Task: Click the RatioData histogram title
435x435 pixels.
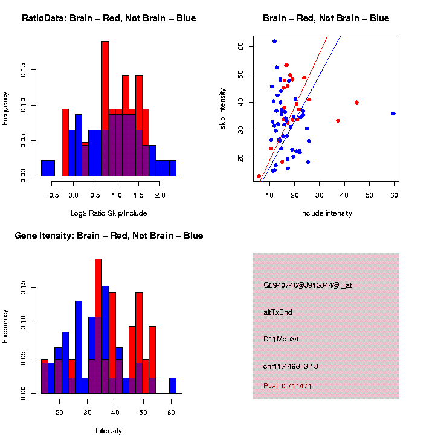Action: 109,18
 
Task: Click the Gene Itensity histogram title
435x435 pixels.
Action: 109,236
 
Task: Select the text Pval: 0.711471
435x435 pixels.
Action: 296,386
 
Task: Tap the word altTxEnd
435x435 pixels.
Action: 277,312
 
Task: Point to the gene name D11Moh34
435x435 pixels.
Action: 281,339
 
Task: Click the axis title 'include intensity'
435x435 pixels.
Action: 326,213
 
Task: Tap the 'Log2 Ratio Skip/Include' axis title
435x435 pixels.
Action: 109,213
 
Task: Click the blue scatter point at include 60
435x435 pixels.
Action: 393,114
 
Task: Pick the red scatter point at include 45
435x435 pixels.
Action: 356,103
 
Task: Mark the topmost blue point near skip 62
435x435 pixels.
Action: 274,42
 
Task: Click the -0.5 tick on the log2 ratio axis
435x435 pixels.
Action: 52,195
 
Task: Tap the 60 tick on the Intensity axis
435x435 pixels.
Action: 172,411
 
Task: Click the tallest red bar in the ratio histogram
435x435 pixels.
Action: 105,79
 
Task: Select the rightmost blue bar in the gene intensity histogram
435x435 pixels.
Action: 173,385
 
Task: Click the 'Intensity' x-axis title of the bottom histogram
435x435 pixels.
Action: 109,431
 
